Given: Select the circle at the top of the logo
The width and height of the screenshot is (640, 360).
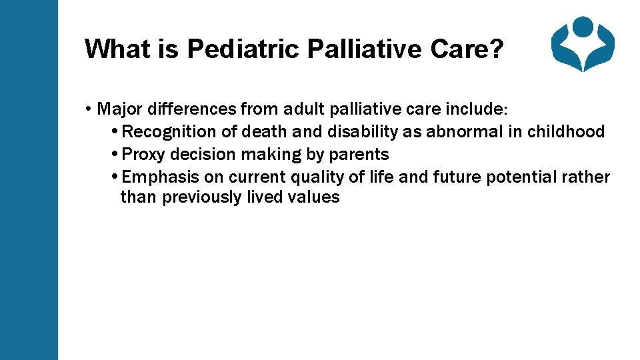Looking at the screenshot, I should [x=583, y=27].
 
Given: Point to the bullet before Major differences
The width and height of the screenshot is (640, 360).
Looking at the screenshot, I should [x=89, y=109].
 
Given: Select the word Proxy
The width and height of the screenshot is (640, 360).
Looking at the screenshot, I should [x=144, y=155].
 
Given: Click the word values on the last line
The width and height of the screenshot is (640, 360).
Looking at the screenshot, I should [x=317, y=197].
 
